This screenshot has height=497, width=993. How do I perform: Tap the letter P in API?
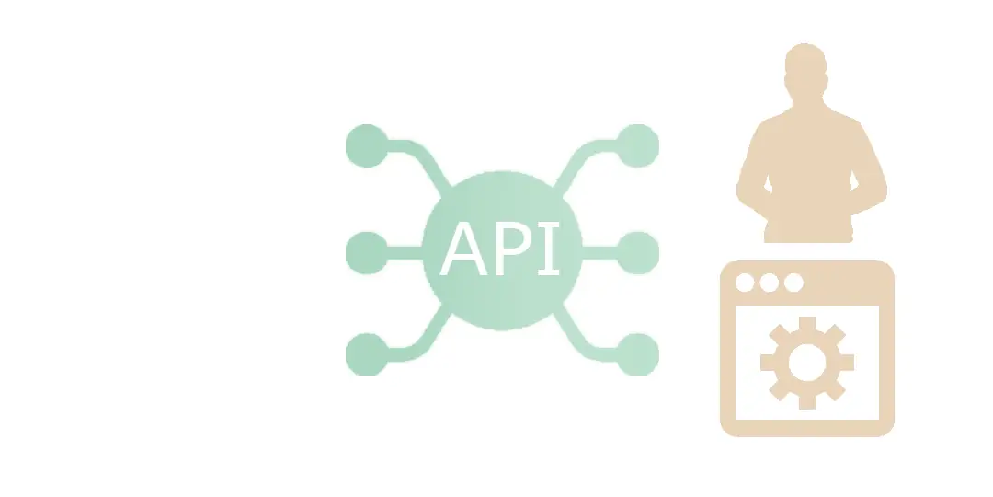[509, 250]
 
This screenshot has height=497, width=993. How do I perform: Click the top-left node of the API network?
[367, 145]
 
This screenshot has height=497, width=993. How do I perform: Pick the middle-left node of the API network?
[367, 251]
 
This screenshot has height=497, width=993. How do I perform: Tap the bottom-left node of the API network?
[367, 354]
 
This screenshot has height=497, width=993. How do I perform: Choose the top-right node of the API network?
[637, 145]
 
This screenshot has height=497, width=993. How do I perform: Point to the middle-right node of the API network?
[637, 251]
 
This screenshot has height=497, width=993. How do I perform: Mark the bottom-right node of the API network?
[637, 354]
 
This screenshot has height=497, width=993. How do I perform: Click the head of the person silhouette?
[806, 70]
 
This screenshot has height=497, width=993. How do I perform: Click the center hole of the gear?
[807, 363]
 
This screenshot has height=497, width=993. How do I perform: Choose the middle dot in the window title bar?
[770, 282]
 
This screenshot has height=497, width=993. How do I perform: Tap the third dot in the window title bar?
[793, 282]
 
